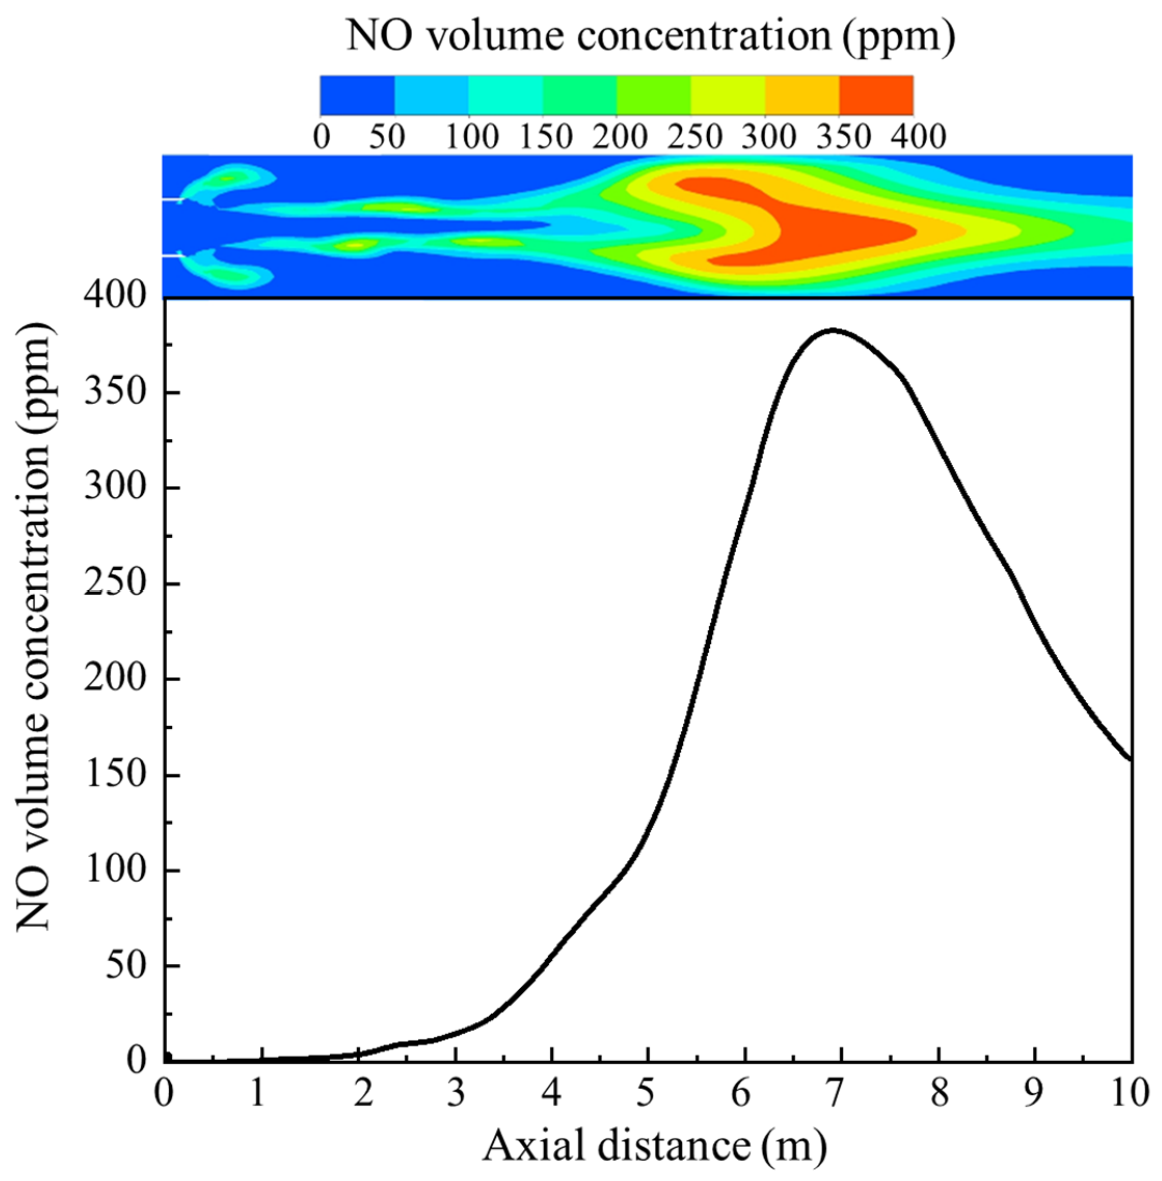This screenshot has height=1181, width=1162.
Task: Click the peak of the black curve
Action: coord(832,330)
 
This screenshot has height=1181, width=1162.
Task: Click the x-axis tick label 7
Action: coord(834,1093)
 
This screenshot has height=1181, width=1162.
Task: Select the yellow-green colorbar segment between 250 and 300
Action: coord(727,95)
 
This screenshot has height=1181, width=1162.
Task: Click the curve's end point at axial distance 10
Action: coord(1131,759)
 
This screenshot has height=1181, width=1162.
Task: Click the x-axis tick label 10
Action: coord(1129,1093)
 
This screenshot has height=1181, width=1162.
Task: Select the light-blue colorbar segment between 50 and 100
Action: coord(431,95)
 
